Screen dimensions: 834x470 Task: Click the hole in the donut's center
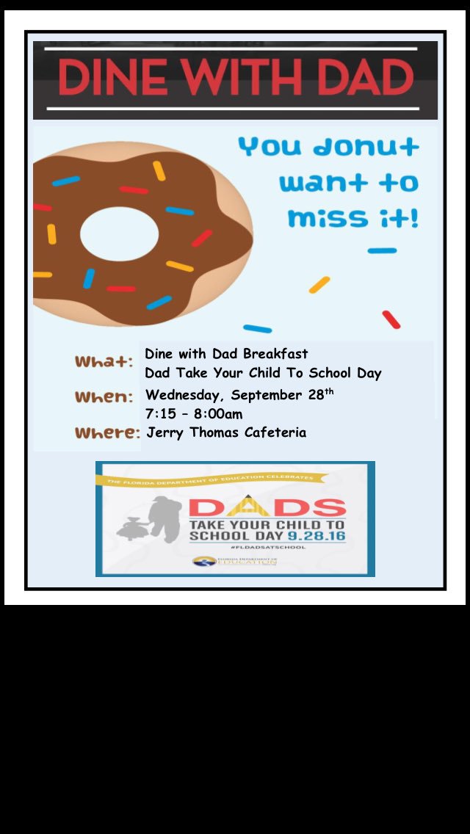119,234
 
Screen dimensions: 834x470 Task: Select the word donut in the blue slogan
365,147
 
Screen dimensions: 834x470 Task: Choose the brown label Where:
107,432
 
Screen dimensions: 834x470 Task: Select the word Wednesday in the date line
184,395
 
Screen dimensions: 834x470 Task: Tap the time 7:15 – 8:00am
194,414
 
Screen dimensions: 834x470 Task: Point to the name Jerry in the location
165,432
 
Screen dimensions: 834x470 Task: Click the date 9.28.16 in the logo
318,537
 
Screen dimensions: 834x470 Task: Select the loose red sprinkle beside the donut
391,319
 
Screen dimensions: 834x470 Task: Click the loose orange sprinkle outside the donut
319,285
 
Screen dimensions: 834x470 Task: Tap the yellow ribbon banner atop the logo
210,479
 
